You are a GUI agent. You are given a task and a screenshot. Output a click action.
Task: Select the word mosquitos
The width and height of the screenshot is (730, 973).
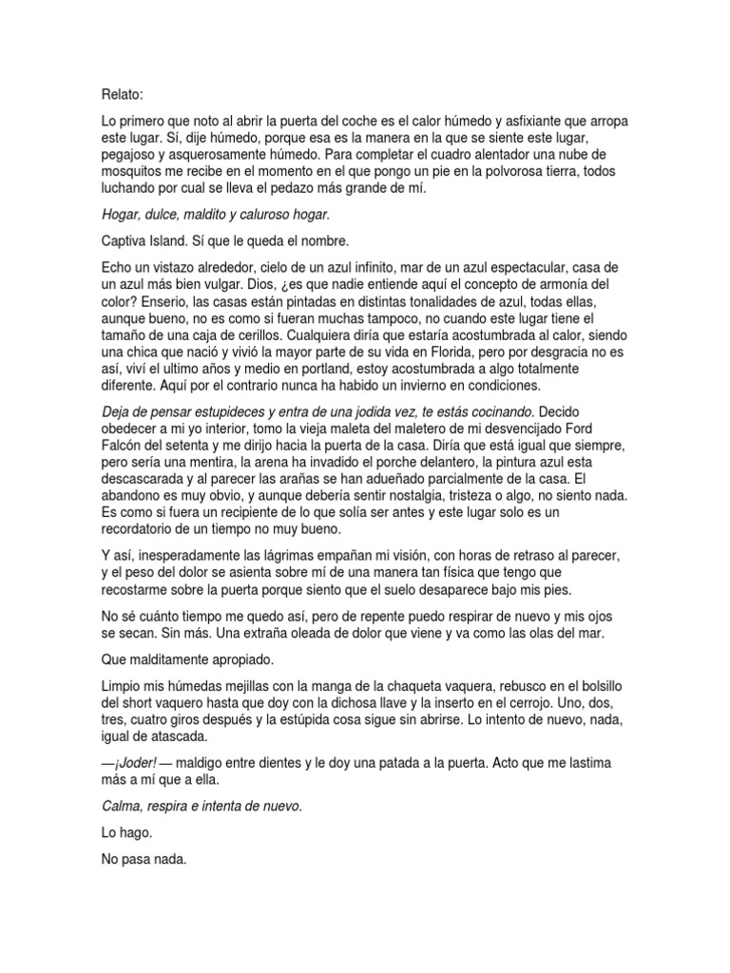[135, 172]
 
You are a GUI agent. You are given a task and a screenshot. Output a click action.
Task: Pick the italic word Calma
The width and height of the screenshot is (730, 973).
[123, 806]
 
